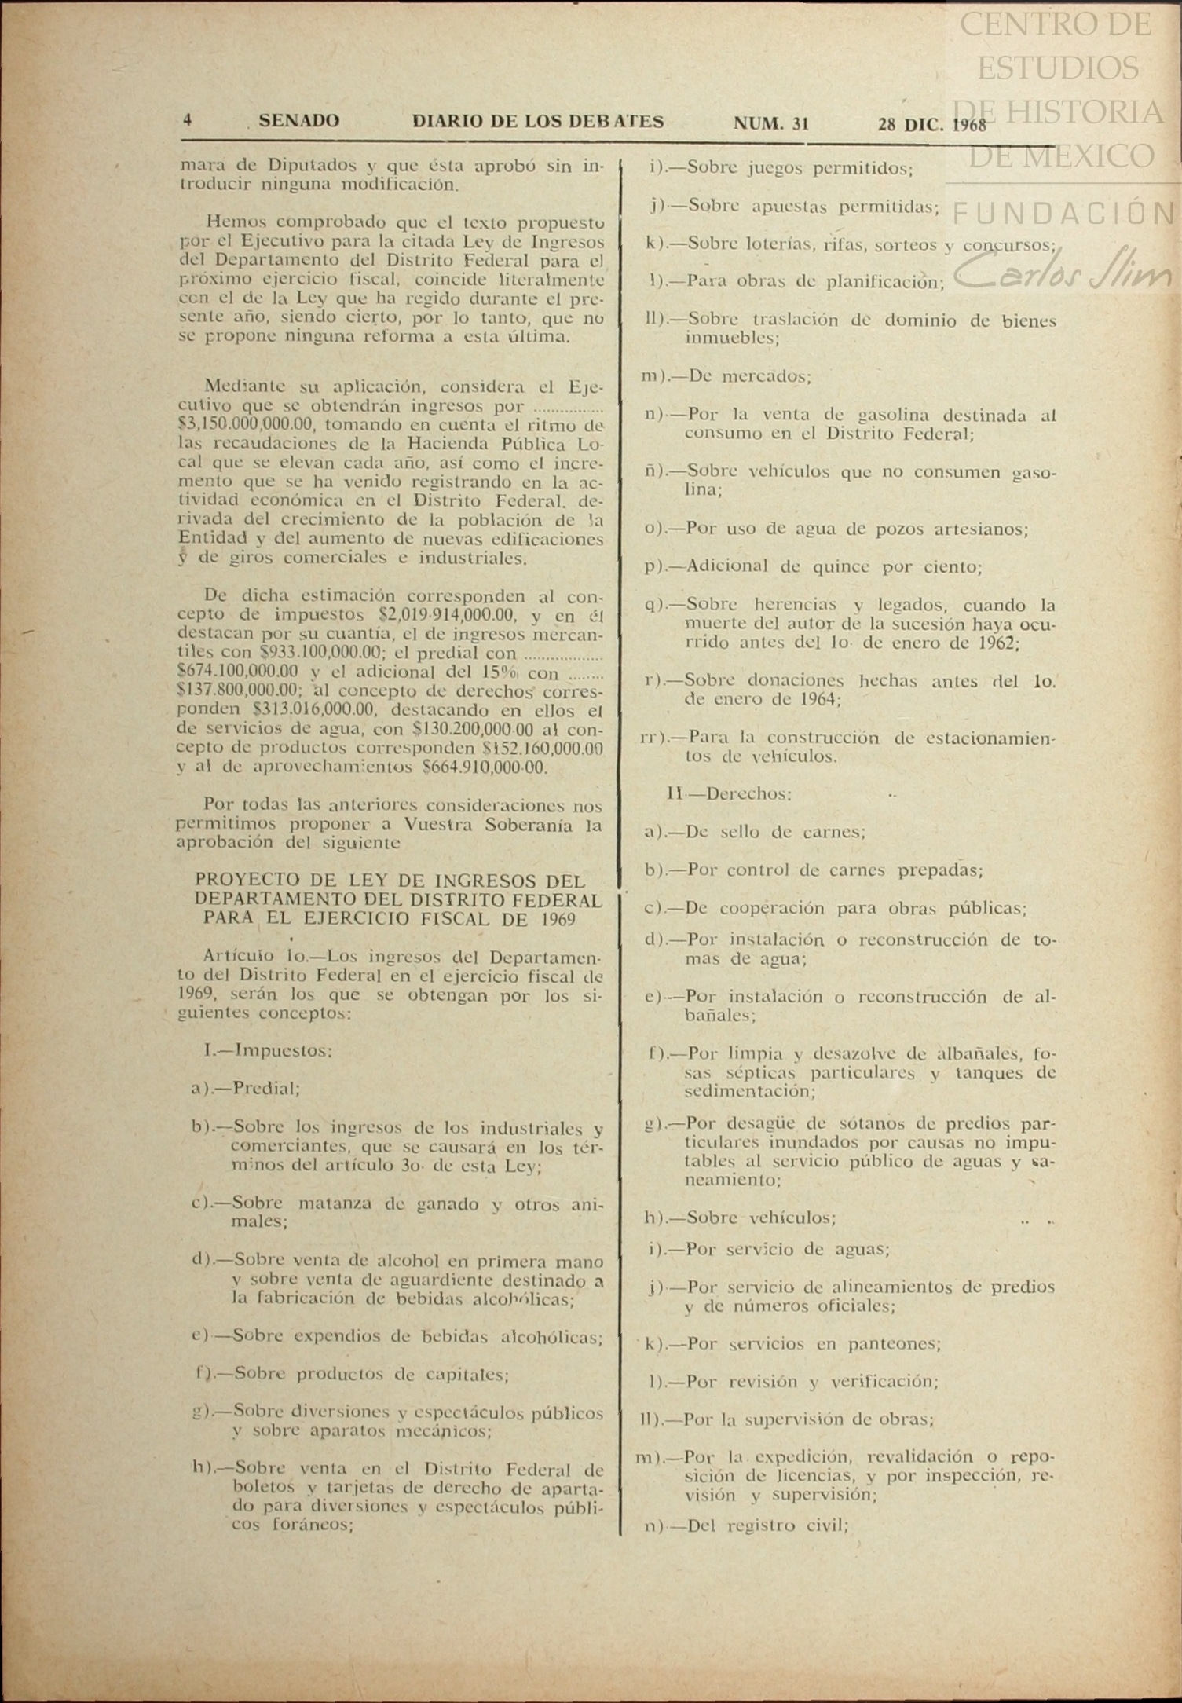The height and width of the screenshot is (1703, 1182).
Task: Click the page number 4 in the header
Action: [x=188, y=121]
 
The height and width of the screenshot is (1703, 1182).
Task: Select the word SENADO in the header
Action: [x=299, y=121]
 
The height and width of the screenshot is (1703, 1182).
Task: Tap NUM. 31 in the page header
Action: [x=770, y=123]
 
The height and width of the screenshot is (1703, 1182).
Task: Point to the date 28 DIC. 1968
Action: [x=931, y=124]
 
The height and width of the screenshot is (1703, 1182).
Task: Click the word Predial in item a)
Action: [x=267, y=1089]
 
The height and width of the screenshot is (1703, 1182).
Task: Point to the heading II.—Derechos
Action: [x=729, y=793]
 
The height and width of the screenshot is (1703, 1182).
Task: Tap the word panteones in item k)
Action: [x=894, y=1343]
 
